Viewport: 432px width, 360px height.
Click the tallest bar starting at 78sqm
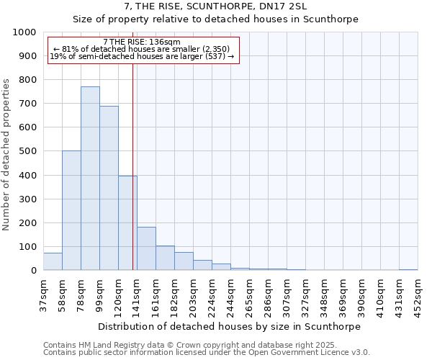(90, 179)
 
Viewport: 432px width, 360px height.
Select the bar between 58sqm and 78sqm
(71, 210)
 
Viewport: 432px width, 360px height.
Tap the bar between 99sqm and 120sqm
(109, 188)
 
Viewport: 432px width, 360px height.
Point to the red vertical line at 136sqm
(133, 166)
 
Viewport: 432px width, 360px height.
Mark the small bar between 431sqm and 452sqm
(408, 269)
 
